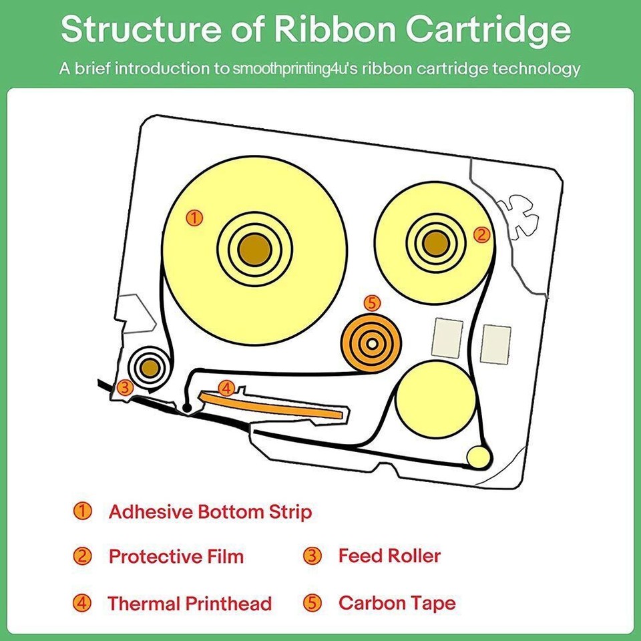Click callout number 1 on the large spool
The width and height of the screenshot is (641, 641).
(194, 218)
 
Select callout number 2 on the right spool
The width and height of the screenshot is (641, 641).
(481, 235)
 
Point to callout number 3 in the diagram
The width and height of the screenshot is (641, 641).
(125, 387)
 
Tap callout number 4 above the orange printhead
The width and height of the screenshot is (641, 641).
(226, 388)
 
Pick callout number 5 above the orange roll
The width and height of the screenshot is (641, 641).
(372, 303)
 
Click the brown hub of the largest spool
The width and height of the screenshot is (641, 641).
(254, 250)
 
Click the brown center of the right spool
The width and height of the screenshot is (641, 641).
(436, 244)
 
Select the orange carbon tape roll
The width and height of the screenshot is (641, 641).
(372, 343)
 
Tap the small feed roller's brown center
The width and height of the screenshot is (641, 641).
(150, 368)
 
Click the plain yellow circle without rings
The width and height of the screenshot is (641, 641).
(436, 400)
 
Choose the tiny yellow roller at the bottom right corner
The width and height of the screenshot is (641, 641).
(478, 457)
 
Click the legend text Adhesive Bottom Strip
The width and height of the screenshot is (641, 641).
(210, 512)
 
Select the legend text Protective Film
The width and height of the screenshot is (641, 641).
(176, 556)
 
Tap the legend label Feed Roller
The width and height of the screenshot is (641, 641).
(389, 556)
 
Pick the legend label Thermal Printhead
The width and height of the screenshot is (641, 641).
(190, 604)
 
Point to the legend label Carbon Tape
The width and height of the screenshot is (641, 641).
(397, 603)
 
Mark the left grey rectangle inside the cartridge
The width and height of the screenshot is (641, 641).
(447, 339)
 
